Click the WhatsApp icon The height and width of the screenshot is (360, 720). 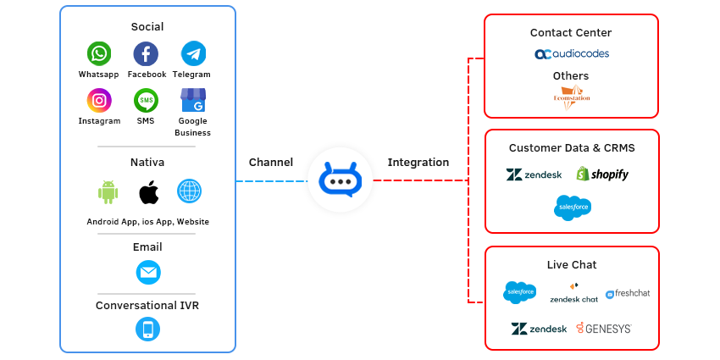click(x=99, y=54)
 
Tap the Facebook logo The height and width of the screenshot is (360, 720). click(x=146, y=54)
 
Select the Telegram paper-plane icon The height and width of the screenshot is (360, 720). click(x=193, y=54)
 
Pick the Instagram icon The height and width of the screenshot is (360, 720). click(x=99, y=101)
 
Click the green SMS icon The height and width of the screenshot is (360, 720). click(x=146, y=101)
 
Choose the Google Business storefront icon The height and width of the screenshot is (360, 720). click(x=193, y=101)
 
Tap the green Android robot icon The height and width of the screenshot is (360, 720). click(x=108, y=192)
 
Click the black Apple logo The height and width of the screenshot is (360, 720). click(x=150, y=192)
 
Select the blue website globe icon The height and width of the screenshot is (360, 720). click(x=189, y=191)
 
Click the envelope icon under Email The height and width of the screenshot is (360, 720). click(x=148, y=273)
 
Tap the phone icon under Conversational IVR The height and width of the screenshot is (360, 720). click(x=148, y=329)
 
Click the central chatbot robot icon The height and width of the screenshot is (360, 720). click(x=340, y=180)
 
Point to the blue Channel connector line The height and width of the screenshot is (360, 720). click(x=269, y=180)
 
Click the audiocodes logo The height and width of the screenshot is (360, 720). click(x=571, y=54)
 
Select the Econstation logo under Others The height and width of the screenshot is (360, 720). click(x=571, y=96)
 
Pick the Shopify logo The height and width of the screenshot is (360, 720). click(x=602, y=174)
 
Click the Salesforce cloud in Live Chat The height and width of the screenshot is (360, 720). click(x=518, y=293)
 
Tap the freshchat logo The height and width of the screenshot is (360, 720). click(x=628, y=293)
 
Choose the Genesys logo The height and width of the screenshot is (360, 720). click(x=603, y=329)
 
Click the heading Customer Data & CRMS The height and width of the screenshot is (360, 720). click(x=571, y=148)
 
